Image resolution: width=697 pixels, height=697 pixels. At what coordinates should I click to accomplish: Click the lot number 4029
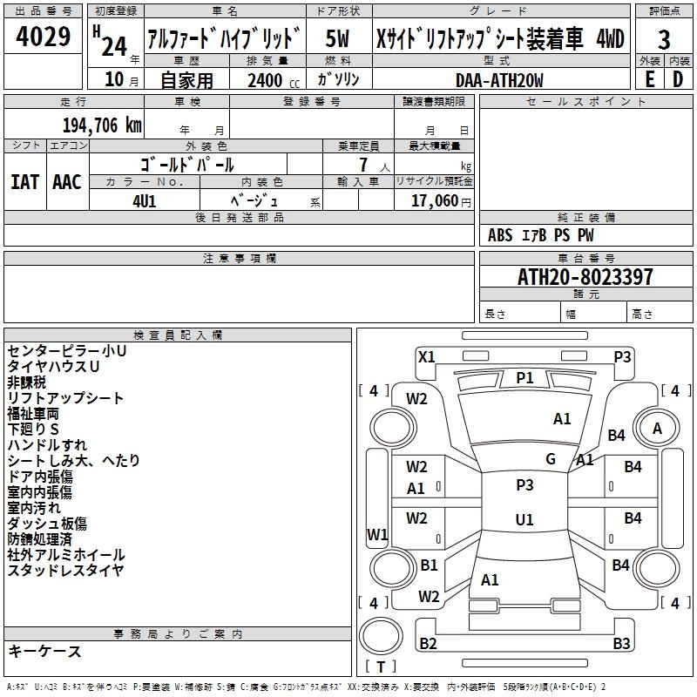pos(44,38)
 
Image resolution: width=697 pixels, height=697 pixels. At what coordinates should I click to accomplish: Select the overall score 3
pos(664,40)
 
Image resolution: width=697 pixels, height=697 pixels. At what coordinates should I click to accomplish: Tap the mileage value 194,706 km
pos(102,125)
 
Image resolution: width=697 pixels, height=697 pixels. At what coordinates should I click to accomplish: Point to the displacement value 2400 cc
pos(268,80)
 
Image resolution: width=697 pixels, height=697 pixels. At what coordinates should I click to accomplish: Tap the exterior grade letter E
pos(649,79)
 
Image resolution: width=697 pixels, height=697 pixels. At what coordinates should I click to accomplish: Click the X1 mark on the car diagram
pos(426,356)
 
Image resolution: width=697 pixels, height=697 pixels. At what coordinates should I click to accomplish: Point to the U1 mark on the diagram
pos(524,519)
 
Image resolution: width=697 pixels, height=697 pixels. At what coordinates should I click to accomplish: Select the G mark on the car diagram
pos(551,459)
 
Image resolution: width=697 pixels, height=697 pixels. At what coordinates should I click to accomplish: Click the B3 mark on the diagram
pos(621,644)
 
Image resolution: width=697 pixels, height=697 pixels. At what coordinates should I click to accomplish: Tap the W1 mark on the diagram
pos(377,534)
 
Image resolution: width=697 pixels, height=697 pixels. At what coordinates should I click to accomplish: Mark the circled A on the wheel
pos(657,428)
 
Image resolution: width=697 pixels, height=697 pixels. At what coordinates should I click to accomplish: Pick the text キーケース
pos(44,652)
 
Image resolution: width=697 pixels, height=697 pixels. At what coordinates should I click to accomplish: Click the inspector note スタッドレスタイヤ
pos(65,571)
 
